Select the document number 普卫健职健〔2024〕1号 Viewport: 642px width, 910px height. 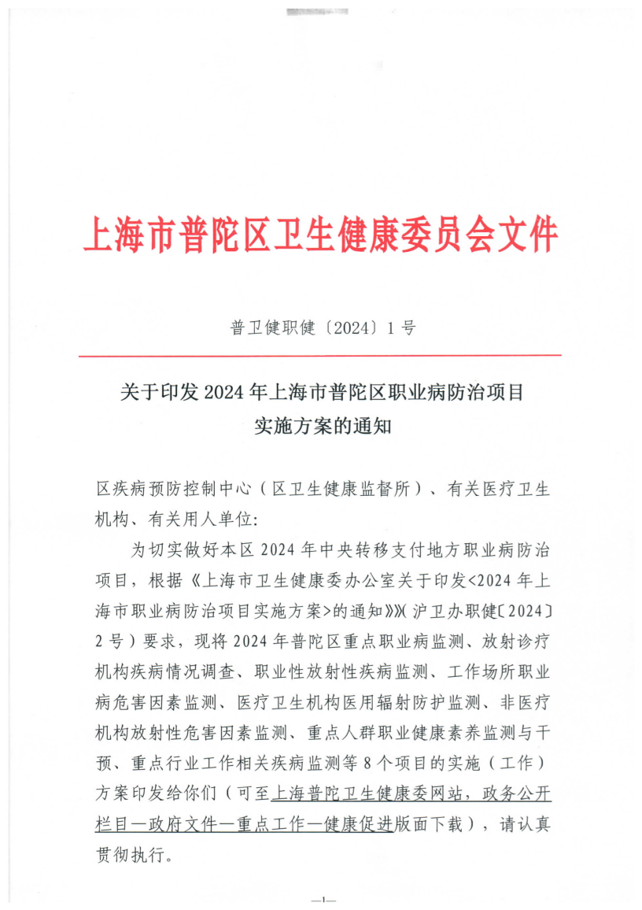323,329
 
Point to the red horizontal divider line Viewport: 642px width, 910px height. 320,356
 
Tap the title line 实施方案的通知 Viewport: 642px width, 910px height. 323,427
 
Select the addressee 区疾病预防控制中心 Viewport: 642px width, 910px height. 172,489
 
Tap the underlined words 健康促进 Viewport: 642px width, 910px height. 361,823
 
